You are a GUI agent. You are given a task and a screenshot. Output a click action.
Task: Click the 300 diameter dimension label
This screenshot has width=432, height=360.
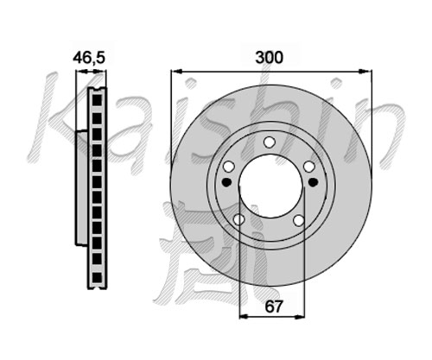coord(270,58)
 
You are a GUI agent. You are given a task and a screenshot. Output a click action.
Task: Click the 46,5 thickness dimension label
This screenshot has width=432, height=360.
coord(89,58)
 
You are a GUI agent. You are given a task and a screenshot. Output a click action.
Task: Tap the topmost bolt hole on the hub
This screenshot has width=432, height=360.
coord(270,142)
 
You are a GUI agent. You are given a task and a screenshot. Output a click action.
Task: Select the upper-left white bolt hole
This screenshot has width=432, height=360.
coord(229,167)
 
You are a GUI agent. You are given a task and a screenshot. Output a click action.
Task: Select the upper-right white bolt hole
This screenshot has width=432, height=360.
coord(309,167)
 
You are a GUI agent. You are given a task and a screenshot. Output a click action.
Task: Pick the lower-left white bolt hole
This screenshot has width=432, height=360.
coord(239,220)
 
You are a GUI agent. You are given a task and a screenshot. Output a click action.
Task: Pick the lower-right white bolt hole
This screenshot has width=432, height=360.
coord(299,220)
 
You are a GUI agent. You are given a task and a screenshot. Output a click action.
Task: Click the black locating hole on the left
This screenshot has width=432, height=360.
coord(227,182)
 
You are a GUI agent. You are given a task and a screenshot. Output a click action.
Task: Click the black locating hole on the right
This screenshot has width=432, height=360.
coord(313,182)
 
